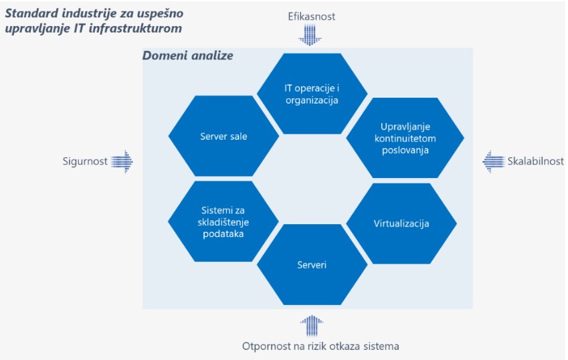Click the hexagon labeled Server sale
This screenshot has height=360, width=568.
pos(223,137)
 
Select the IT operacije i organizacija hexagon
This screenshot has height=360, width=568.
pos(312,94)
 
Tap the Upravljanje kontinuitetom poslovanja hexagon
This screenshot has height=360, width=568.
pos(405,138)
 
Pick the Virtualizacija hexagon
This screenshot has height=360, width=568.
pos(401,223)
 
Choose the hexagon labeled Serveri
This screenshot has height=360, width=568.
pos(312,265)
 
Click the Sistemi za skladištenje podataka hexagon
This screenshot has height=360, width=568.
pos(223,221)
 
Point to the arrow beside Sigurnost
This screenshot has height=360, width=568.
pos(122,161)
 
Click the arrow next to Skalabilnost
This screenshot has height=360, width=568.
pos(494,161)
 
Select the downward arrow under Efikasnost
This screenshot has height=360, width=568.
pos(310,35)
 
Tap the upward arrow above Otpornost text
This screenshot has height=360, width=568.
pos(312,326)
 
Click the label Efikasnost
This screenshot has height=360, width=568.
pos(312,16)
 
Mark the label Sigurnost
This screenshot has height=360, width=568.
pos(85,161)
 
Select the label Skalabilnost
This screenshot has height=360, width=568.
pos(535,161)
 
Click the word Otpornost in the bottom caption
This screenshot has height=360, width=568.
pos(266,346)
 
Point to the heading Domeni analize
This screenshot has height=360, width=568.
pos(187,56)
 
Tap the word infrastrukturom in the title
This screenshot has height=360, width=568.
pos(135,28)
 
